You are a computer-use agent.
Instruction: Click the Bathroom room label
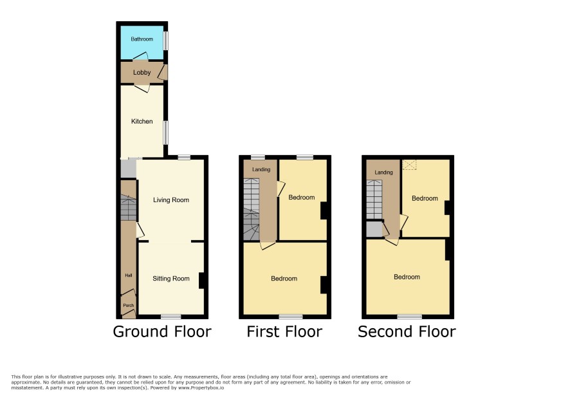point(142,39)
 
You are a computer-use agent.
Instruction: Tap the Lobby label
point(142,72)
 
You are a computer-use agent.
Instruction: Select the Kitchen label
point(142,122)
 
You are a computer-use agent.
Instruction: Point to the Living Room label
point(171,200)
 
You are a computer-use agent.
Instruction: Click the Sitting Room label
point(171,279)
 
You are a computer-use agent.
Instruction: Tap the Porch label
point(128,306)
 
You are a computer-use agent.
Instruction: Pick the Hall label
point(128,275)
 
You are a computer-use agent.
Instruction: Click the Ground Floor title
point(162,331)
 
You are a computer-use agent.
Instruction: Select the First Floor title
point(284,331)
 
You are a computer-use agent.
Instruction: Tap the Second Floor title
point(407,331)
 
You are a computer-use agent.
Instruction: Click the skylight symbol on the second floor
point(409,165)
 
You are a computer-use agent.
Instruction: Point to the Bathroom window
point(166,41)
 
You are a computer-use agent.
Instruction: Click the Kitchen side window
point(166,133)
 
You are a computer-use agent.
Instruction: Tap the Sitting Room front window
point(171,317)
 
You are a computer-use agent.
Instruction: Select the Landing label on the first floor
point(261,169)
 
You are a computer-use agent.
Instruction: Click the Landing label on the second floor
point(384,172)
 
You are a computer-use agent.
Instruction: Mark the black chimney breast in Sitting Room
point(201,281)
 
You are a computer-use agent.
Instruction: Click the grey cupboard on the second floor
point(374,229)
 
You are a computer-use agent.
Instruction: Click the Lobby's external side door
point(163,72)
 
